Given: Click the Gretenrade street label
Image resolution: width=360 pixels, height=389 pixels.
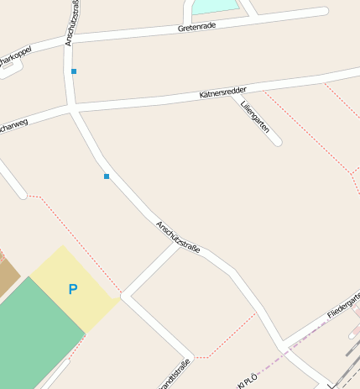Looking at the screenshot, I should click(x=197, y=27).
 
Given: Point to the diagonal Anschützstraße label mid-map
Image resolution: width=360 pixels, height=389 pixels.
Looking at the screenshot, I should click(x=178, y=239).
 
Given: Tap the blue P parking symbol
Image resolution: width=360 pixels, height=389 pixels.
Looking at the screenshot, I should click(x=73, y=289).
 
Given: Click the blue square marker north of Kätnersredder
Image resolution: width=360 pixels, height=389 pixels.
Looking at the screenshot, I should click(x=74, y=71).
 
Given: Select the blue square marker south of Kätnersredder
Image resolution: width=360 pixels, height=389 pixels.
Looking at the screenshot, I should click(x=107, y=176).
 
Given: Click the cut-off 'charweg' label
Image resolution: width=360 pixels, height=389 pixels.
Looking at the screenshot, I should click(x=13, y=127).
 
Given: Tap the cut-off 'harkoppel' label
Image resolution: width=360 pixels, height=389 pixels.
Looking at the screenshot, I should click(x=16, y=55).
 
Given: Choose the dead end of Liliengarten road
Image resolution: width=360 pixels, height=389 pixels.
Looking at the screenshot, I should click(x=278, y=143).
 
